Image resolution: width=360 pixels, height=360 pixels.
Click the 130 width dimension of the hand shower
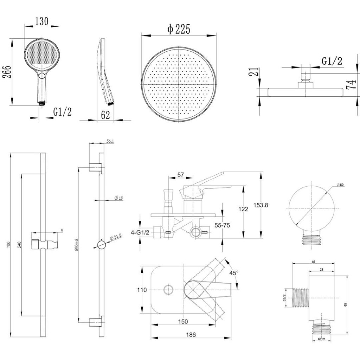(x=41, y=21)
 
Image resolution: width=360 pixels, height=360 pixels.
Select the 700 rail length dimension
(x=8, y=244)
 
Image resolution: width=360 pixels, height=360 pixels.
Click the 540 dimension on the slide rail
(x=18, y=244)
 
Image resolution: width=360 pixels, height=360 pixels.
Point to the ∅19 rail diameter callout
(x=118, y=198)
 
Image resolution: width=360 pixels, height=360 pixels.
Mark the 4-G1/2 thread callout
(x=140, y=232)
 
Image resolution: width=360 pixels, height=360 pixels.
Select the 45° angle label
(x=234, y=272)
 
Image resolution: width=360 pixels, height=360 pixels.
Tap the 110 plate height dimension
(x=142, y=290)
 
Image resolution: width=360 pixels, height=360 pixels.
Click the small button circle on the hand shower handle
(x=42, y=76)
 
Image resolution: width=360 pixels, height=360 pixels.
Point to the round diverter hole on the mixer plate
(x=168, y=290)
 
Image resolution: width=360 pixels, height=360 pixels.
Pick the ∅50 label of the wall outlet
(x=340, y=185)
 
